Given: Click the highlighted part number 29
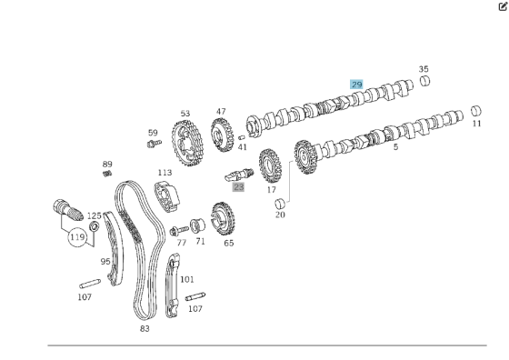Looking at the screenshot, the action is (356, 85).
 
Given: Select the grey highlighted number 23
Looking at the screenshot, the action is (238, 187).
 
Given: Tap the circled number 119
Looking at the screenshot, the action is (77, 237).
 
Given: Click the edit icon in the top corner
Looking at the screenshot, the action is (503, 6).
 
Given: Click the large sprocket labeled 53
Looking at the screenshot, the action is (188, 143).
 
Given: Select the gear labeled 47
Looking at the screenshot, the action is (223, 135).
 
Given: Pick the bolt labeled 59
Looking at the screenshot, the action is (154, 143).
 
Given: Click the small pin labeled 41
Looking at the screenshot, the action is (241, 137).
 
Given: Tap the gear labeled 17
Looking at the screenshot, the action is (270, 165).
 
